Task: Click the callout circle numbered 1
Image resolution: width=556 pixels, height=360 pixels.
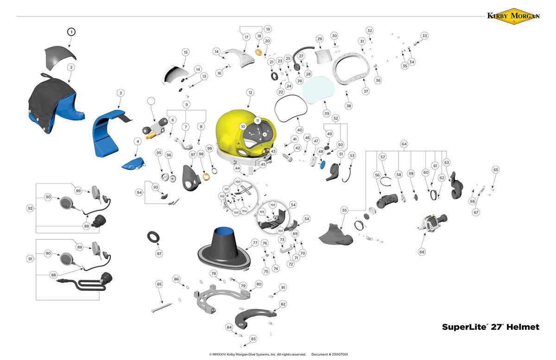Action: coord(71,32)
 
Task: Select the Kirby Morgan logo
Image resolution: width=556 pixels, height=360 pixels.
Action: coord(513,16)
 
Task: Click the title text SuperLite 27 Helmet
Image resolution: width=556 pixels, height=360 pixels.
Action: coord(490,327)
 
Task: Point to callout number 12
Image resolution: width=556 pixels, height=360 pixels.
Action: coord(250,93)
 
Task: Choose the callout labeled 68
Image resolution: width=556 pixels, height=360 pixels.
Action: coord(421,252)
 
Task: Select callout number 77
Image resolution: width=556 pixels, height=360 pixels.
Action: coord(255,242)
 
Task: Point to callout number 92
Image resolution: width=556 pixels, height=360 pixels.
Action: coord(30,208)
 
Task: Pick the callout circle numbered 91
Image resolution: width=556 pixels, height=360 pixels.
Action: coord(30,259)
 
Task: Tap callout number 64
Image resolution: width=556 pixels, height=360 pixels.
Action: coord(404,144)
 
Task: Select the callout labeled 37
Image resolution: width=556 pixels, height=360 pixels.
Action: coord(366,91)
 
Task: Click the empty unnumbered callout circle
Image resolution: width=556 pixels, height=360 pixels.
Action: coord(151,100)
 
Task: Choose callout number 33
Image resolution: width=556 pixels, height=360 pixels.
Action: coord(424,36)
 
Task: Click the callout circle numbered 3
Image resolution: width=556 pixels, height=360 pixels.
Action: coord(120,93)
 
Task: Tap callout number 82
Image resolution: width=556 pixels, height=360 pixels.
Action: coord(283,304)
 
